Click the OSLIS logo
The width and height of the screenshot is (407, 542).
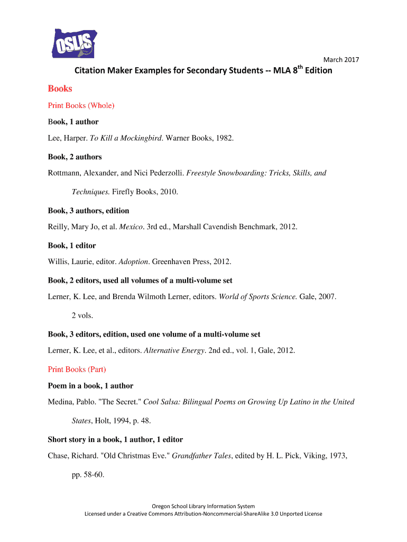75,43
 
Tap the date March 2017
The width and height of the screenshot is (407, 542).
341,60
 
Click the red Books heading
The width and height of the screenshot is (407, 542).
60,88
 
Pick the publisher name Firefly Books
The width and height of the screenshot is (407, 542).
133,192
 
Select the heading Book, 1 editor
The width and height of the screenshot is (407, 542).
72,246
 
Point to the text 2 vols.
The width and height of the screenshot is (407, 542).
82,315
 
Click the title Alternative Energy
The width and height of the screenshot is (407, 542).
174,350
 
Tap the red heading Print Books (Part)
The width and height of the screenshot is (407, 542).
80,369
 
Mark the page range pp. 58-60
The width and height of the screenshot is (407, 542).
88,475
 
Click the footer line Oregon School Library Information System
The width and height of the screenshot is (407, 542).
203,506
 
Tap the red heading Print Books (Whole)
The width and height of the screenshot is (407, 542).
81,105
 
